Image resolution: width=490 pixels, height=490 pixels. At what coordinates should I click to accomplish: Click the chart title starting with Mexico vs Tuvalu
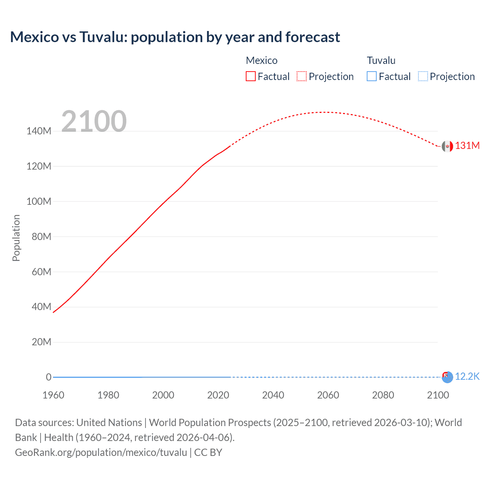point(175,37)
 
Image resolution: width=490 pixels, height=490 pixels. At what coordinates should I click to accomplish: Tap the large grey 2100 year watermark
point(94,121)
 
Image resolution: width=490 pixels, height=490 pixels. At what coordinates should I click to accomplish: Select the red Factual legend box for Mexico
point(250,77)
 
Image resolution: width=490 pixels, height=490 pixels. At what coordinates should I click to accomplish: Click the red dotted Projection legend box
point(302,77)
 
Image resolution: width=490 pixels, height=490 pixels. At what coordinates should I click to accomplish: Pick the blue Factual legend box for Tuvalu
point(371,77)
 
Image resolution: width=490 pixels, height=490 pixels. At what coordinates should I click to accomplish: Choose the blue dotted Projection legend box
point(423,77)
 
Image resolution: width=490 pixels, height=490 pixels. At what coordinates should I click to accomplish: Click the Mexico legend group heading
point(261,60)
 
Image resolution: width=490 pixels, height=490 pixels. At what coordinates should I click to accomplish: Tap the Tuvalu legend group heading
point(381,60)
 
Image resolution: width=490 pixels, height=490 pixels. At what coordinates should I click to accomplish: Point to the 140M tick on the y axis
point(39,131)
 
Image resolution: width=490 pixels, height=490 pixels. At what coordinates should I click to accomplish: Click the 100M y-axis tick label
point(39,201)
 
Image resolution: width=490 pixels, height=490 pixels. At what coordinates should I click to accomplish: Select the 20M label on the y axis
point(41,342)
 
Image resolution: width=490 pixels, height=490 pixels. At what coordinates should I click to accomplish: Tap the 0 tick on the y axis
point(49,377)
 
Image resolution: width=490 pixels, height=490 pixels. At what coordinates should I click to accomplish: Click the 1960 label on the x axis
point(53,395)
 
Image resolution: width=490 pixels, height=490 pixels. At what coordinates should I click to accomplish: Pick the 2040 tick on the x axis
point(273,395)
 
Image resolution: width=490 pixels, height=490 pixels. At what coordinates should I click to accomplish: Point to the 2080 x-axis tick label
point(383,395)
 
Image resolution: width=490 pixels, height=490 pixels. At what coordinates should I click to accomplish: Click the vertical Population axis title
point(16,238)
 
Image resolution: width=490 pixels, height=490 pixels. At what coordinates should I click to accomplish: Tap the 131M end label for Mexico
point(467,146)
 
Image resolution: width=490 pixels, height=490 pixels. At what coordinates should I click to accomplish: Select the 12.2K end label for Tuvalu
point(467,377)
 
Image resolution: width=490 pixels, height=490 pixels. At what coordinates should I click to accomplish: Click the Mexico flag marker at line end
point(447,146)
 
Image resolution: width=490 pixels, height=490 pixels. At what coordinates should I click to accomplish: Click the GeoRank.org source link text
point(101,452)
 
